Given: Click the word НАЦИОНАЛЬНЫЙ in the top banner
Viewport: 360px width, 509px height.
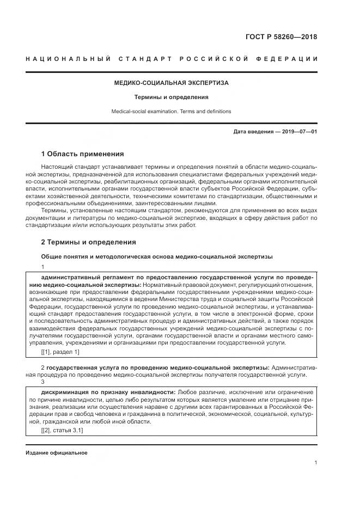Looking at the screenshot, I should (x=69, y=59).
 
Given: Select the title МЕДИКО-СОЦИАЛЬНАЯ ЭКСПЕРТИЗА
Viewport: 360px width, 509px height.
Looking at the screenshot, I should (x=171, y=83).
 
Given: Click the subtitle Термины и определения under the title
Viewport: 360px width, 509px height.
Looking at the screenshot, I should (x=171, y=97).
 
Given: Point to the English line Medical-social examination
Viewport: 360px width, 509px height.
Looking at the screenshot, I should (x=171, y=111).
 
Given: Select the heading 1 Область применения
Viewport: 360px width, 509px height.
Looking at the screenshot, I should (x=82, y=154).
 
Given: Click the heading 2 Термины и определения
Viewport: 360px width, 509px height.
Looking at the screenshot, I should (x=88, y=242).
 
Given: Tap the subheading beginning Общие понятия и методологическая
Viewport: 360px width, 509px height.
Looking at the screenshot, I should (x=157, y=256).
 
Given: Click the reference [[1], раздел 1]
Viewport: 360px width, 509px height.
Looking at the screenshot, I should (x=60, y=352).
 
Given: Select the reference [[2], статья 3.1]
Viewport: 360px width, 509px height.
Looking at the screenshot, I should (x=62, y=430).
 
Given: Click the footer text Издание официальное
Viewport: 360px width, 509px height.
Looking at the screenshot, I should (x=57, y=453).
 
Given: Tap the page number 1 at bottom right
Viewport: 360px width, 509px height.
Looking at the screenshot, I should (x=315, y=462).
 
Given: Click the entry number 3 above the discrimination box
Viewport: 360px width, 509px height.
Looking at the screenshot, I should (x=43, y=382).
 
